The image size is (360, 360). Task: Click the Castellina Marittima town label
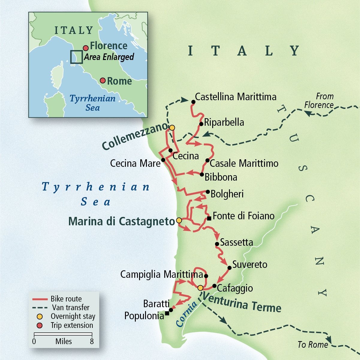(x=236, y=97)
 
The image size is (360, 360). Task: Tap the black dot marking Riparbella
(x=201, y=124)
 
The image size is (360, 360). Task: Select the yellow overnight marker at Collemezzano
(x=172, y=128)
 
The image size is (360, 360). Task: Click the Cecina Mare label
(x=135, y=163)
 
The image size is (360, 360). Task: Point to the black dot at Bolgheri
(x=208, y=192)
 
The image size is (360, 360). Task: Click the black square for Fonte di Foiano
(x=209, y=218)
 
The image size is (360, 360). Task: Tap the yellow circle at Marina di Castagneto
(x=179, y=220)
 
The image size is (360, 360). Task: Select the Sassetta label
(x=237, y=242)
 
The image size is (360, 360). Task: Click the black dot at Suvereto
(x=229, y=268)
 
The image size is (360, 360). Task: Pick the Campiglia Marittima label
(x=162, y=274)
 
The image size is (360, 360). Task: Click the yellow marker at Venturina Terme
(x=200, y=288)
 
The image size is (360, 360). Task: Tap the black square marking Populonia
(x=167, y=313)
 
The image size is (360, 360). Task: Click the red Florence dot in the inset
(x=86, y=48)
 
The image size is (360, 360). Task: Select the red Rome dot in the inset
(x=103, y=81)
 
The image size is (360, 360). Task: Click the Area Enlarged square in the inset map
(x=76, y=57)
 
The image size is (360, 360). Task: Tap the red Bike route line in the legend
(x=40, y=299)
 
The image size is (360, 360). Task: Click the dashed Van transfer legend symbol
(x=40, y=308)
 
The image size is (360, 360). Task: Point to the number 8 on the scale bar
(x=92, y=341)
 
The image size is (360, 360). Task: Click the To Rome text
(x=313, y=345)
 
